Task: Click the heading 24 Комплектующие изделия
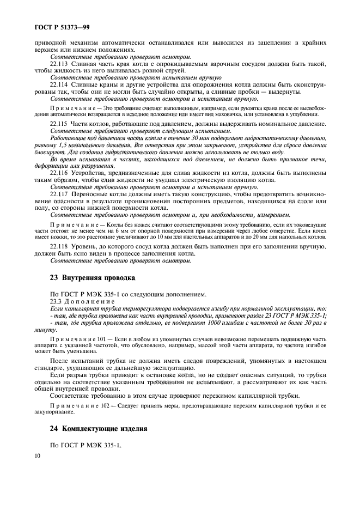point(98,429)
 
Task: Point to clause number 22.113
point(59,64)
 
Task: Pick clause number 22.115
point(59,124)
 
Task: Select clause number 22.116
point(59,173)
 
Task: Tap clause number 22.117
point(59,194)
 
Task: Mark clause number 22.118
point(59,246)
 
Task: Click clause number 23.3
point(56,301)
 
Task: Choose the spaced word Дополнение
point(90,301)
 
